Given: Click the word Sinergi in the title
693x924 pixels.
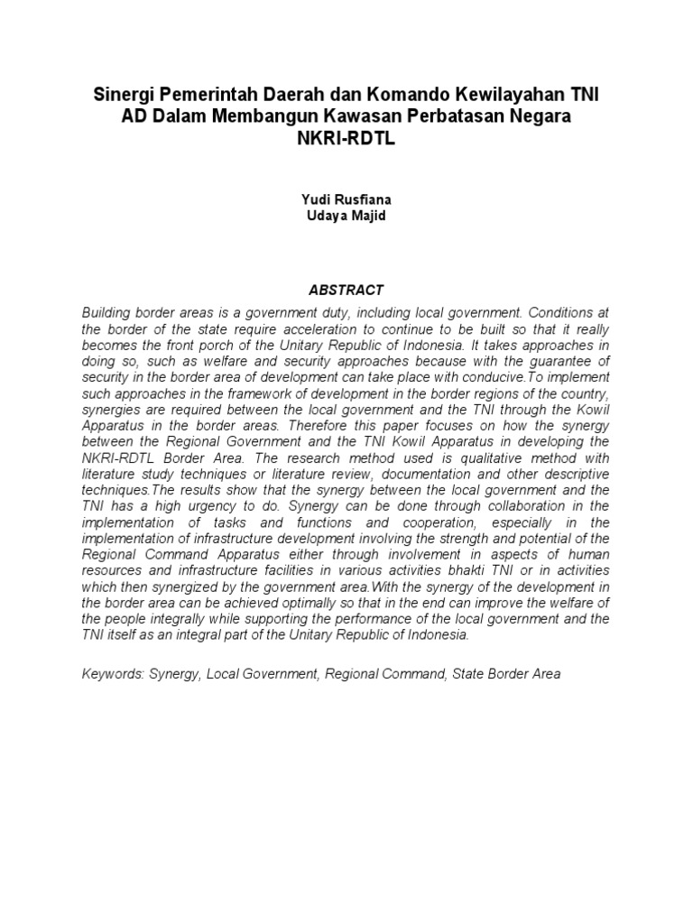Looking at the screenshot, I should (125, 96).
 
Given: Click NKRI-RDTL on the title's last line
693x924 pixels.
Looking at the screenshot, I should (346, 140).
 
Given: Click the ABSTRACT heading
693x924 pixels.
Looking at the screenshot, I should (346, 290).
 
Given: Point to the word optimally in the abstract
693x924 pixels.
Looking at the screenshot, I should (331, 603).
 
